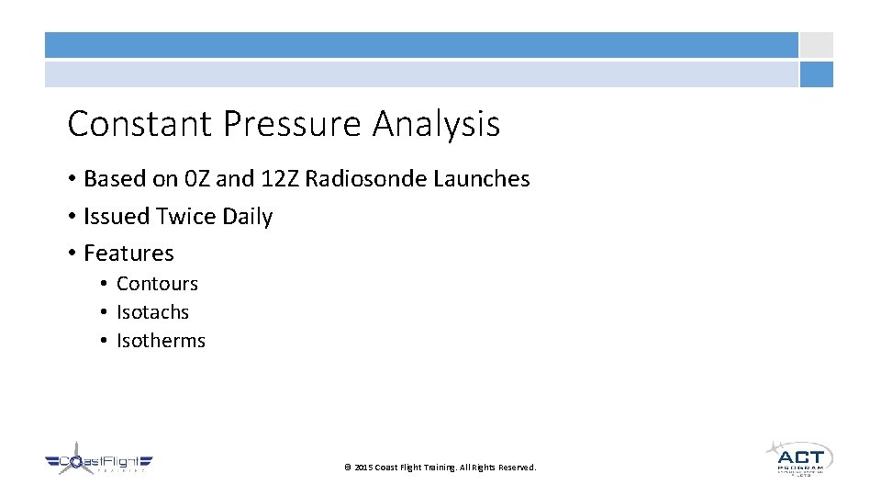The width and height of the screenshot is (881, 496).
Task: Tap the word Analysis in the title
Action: [x=436, y=124]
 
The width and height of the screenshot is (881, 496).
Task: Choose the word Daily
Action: [x=245, y=217]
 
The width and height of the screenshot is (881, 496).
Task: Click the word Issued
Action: [x=117, y=217]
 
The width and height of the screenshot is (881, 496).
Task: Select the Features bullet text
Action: [x=128, y=254]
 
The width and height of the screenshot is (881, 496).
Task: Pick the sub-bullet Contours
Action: [x=157, y=284]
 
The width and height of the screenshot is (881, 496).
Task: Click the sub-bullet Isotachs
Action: [x=152, y=312]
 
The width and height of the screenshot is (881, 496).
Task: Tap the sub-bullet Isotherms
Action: [x=161, y=341]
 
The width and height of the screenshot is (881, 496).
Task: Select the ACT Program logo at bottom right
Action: [x=799, y=457]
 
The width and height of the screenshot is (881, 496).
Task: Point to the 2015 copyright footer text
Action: [x=440, y=468]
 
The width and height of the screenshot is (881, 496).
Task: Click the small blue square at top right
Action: [x=816, y=74]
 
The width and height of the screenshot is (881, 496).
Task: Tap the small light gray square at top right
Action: [x=816, y=45]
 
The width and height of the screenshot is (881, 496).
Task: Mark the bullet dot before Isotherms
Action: [x=106, y=341]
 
